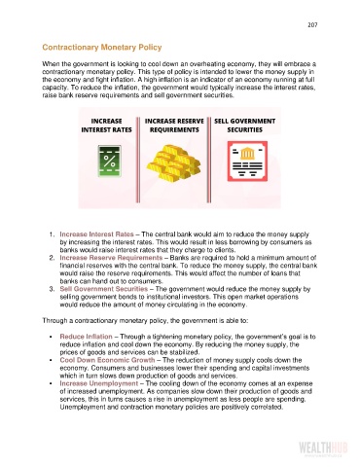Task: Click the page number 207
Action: (x=312, y=25)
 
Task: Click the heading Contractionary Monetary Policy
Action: (x=102, y=48)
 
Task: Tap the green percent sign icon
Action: (x=110, y=161)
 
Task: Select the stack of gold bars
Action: (x=173, y=163)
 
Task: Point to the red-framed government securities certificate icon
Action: (x=247, y=162)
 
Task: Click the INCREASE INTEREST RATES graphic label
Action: (x=106, y=126)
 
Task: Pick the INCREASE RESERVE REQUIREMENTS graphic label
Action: (x=174, y=126)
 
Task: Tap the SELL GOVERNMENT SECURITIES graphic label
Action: (x=244, y=126)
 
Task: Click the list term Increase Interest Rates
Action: (x=96, y=234)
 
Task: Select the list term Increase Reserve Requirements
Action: (x=111, y=258)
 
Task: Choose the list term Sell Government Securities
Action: (x=104, y=289)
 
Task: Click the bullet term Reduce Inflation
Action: (x=86, y=337)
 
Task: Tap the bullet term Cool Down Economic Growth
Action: (x=107, y=360)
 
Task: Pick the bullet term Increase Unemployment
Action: (x=99, y=383)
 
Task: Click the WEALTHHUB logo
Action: (x=323, y=449)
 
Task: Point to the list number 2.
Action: (x=52, y=258)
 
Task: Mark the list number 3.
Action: (x=52, y=289)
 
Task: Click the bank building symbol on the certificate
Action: (x=247, y=154)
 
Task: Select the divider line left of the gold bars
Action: (x=138, y=160)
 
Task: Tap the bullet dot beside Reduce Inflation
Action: (x=51, y=337)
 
